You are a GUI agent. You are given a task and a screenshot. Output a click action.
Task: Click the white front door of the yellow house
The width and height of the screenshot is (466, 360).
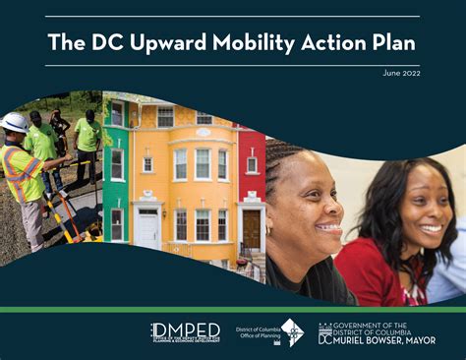coord(148,227)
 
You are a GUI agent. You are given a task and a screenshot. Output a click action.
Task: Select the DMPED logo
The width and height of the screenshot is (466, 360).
coord(185,331)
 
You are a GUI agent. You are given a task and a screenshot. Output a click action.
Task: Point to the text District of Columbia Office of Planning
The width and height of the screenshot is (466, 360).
coord(258,332)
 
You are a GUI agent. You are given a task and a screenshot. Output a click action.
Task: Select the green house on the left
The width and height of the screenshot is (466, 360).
coord(115,167)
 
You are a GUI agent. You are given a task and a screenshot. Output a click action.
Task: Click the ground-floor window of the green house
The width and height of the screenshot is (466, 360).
coord(118,222)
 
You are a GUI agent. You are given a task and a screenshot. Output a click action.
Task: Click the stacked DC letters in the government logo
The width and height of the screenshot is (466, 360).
coord(324,333)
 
